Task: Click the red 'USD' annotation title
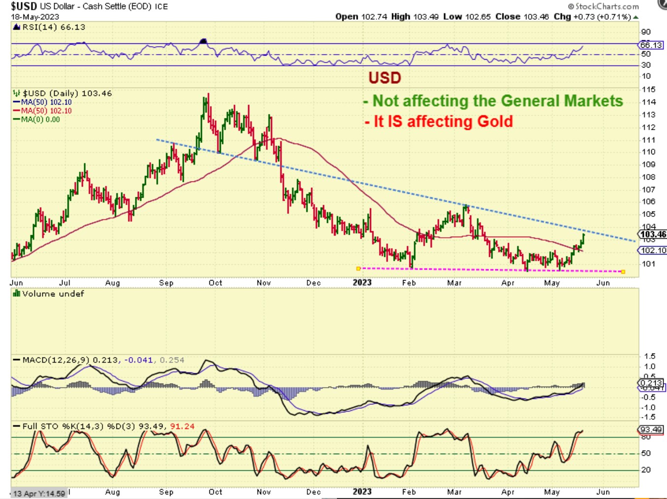tap(385, 78)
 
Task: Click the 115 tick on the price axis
tap(648, 89)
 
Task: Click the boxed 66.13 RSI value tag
tap(651, 45)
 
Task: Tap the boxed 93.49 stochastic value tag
tap(651, 429)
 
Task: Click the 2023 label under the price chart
tap(362, 283)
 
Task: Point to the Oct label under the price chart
tap(215, 283)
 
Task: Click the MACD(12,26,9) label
tap(56, 360)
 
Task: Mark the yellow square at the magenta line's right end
tap(623, 272)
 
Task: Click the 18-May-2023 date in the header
tap(28, 17)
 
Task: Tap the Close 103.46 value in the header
tap(522, 17)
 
